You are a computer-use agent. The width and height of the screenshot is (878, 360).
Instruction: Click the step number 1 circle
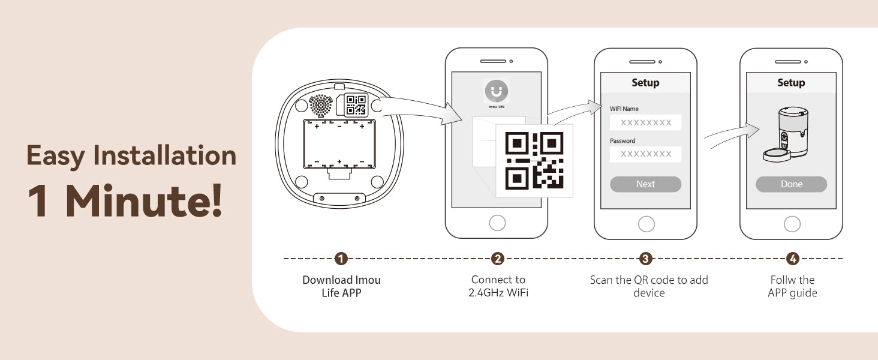coord(341,259)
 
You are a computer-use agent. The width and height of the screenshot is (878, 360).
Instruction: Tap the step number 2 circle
coord(498,259)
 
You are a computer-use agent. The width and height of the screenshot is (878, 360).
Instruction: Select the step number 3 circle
coord(645,259)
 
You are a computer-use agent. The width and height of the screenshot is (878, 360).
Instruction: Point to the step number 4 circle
coord(793,259)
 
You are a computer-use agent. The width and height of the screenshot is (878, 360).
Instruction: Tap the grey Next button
coord(645,184)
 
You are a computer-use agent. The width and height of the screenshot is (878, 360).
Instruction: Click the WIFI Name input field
coord(645,122)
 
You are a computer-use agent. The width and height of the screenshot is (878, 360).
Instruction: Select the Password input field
coord(645,154)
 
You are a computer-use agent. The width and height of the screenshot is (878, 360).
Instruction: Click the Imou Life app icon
coord(497,91)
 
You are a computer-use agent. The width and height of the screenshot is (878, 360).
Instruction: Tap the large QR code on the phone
coord(534,161)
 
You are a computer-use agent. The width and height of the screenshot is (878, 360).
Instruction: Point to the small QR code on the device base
coord(356,105)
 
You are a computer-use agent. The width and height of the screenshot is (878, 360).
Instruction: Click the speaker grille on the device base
coord(321,105)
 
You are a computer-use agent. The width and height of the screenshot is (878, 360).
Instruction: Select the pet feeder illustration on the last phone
coord(786,134)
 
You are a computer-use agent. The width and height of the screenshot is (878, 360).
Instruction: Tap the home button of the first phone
coord(497,223)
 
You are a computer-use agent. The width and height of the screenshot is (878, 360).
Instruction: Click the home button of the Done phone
coord(792,224)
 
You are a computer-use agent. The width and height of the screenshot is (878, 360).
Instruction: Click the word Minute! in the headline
coord(143,201)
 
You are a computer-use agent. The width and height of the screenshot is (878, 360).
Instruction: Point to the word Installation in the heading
coord(164,155)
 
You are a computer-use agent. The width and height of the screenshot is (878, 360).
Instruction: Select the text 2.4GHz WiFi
coord(498,293)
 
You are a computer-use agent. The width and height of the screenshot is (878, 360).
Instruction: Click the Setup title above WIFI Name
coord(645,83)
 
